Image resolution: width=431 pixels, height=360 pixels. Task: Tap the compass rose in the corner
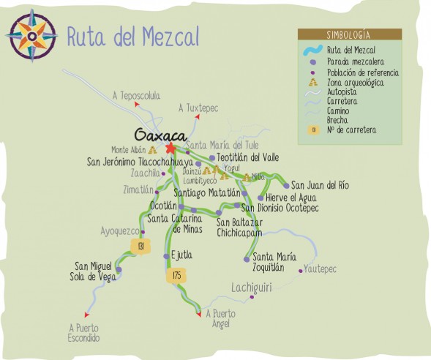coord(31,34)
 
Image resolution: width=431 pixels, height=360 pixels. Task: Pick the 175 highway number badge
coord(175,275)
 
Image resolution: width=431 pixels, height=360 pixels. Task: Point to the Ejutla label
coord(182,255)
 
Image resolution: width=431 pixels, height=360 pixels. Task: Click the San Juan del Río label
coord(320,186)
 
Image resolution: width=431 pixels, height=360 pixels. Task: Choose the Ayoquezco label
coord(119,230)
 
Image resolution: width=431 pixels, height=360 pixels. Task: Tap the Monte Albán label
coord(130,150)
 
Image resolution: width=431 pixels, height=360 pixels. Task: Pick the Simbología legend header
coord(348,34)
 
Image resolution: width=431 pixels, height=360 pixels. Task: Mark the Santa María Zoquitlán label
coord(274,262)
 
